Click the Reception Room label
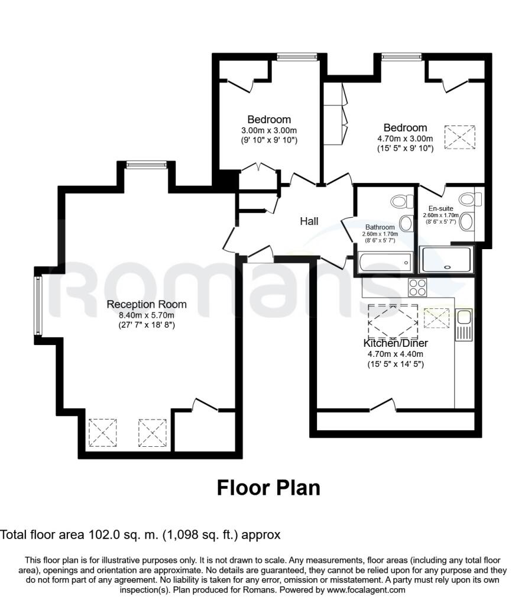(147, 305)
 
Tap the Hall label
(309, 221)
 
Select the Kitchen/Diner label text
(396, 343)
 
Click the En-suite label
(441, 208)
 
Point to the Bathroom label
(380, 227)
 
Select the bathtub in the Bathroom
(384, 262)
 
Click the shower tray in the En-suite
(446, 259)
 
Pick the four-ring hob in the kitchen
(417, 288)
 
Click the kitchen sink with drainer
(464, 325)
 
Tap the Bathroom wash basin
(406, 223)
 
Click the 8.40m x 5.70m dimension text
(146, 315)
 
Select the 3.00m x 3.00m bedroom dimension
(269, 131)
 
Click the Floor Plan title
(268, 488)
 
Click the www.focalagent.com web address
(366, 590)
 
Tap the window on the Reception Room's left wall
(38, 306)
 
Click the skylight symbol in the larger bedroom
(459, 137)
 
